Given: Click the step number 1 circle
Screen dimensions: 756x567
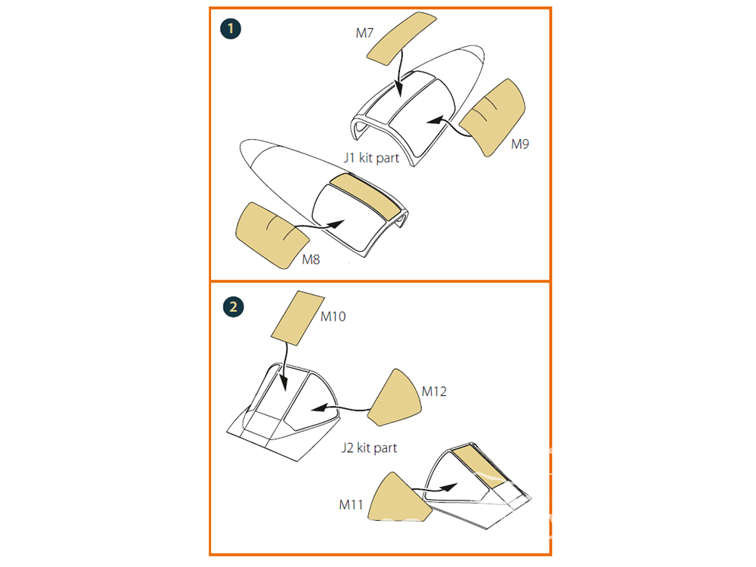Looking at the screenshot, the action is tap(231, 29).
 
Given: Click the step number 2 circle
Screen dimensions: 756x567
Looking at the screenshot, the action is tap(234, 307).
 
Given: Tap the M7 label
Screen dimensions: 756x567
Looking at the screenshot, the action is tap(364, 33).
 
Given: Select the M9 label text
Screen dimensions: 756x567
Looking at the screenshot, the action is tap(520, 144).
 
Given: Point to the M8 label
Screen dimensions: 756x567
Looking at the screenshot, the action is tap(311, 259).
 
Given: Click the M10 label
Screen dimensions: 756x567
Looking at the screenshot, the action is tap(333, 316).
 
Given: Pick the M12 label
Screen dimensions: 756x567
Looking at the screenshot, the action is tap(434, 391).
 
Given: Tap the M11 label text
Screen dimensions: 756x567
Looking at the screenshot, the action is tap(351, 504).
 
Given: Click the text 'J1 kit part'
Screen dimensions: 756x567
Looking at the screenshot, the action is tap(371, 158).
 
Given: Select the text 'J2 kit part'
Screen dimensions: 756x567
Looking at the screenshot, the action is tap(370, 448).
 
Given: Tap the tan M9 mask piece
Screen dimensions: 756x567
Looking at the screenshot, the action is tap(493, 116).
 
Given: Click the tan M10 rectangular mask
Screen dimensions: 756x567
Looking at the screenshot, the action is tap(297, 318).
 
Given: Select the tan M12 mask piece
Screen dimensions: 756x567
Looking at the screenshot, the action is tap(395, 398).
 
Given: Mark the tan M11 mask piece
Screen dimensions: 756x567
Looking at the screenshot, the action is tap(398, 497).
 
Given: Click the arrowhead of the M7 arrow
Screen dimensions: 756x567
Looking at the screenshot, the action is tap(398, 88).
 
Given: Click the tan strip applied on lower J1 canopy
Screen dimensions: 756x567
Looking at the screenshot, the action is tap(364, 195).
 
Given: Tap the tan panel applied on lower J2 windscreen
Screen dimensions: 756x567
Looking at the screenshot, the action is tap(480, 465).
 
